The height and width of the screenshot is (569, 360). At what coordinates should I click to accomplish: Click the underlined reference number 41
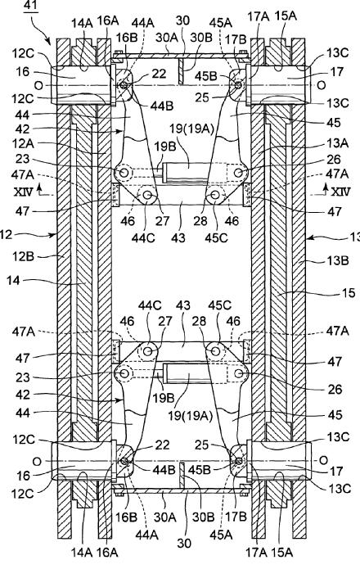pos(32,7)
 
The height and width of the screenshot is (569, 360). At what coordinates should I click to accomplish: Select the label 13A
pos(338,143)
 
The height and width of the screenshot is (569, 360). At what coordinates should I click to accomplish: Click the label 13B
pos(338,260)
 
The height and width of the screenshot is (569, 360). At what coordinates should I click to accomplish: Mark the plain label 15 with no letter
pos(349,292)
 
